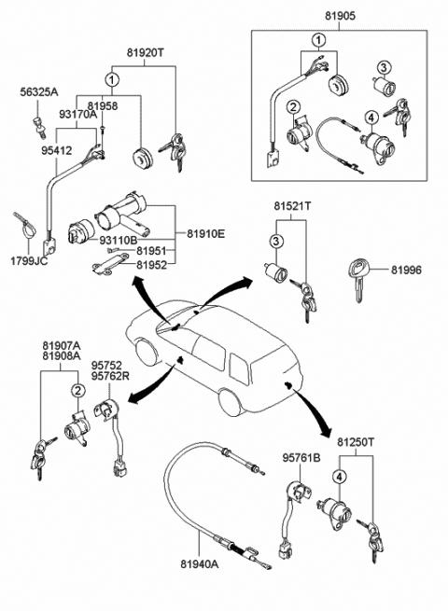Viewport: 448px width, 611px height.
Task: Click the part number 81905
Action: point(341,16)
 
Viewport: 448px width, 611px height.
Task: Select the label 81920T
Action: point(146,52)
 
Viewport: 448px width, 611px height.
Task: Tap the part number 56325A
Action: point(39,92)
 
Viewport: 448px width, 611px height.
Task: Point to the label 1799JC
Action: point(29,260)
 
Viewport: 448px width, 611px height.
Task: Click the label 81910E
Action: point(206,234)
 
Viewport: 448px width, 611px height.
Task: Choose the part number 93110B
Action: point(119,240)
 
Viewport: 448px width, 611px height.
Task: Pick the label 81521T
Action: point(292,206)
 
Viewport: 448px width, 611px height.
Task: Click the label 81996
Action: point(407,270)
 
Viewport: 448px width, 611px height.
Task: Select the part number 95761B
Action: point(301,458)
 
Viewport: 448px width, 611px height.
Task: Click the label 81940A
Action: point(200,563)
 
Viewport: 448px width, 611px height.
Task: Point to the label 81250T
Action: point(356,442)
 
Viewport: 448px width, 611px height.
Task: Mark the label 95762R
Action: point(110,376)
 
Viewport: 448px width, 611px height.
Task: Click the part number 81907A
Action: point(62,346)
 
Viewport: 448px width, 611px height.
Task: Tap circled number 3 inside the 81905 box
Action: point(384,67)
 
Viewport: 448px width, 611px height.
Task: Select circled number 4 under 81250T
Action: point(339,477)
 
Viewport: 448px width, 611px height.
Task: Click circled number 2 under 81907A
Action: point(78,390)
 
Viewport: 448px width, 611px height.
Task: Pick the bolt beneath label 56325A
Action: point(38,127)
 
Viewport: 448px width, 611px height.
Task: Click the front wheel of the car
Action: point(147,353)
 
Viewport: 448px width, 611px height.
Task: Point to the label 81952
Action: point(152,265)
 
